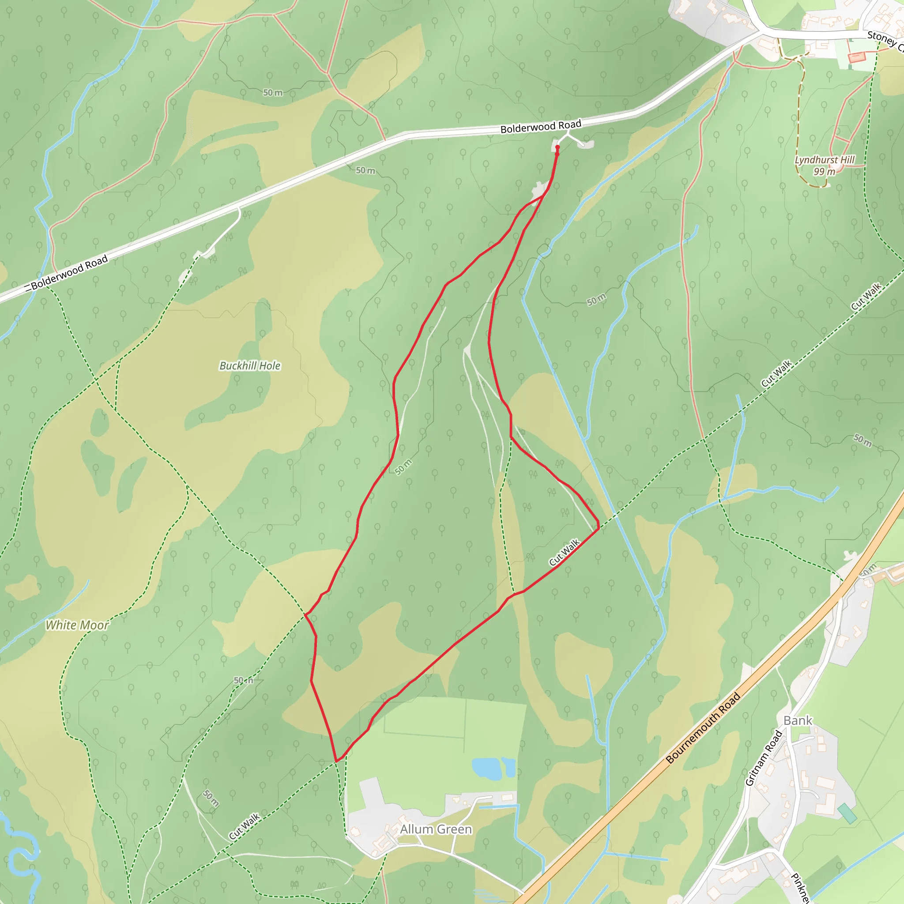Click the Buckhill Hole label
pyautogui.click(x=250, y=366)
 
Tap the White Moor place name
pyautogui.click(x=77, y=625)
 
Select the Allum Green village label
pyautogui.click(x=436, y=829)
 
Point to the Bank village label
pyautogui.click(x=798, y=720)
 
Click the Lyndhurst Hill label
pyautogui.click(x=825, y=160)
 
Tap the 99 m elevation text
pyautogui.click(x=824, y=172)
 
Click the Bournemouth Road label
pyautogui.click(x=703, y=728)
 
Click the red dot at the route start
pyautogui.click(x=557, y=147)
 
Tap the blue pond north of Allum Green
pyautogui.click(x=486, y=768)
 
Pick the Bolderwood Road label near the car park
pyautogui.click(x=540, y=126)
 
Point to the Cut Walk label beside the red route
pyautogui.click(x=564, y=552)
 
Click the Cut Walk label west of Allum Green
pyautogui.click(x=244, y=826)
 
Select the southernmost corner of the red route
pyautogui.click(x=336, y=761)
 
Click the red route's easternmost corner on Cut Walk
pyautogui.click(x=599, y=528)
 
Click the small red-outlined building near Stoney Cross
pyautogui.click(x=856, y=57)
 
